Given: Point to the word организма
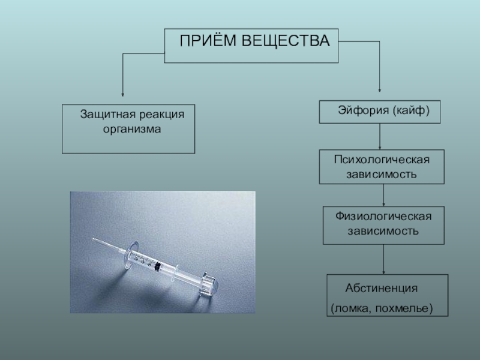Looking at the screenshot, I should coord(128,129).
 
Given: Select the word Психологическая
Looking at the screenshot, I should coord(382,161).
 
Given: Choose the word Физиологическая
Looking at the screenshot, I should coord(383,217).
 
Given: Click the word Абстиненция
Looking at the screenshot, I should coord(381,288).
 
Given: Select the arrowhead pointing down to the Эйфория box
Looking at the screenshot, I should coord(380,90).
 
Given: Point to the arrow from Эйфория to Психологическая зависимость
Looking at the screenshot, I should coord(380,137).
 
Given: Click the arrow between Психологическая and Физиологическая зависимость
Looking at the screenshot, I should coord(384,195).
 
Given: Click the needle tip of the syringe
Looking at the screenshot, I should coord(94,240).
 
